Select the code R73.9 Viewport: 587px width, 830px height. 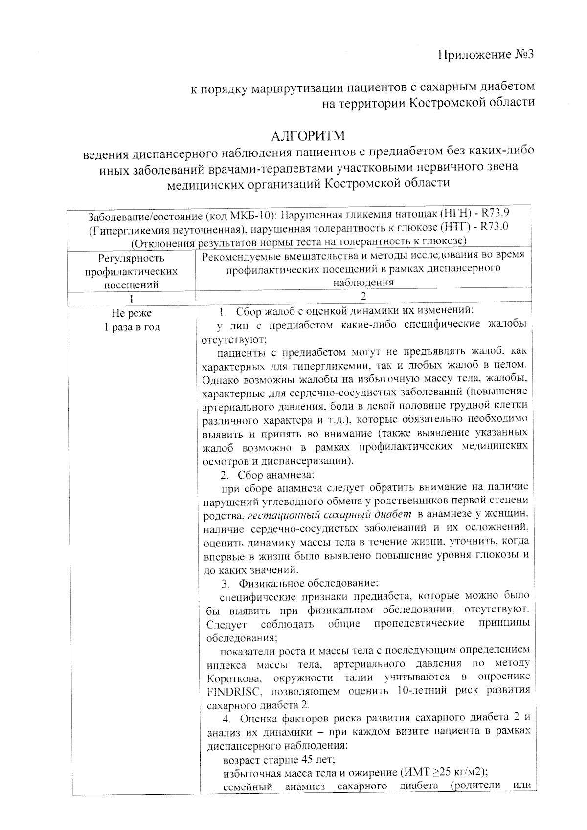coord(496,214)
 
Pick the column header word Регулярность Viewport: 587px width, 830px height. coord(132,258)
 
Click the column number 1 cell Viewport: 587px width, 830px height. coord(132,298)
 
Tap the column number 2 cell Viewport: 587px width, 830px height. coord(363,296)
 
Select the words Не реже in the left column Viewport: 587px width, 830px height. coord(132,313)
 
